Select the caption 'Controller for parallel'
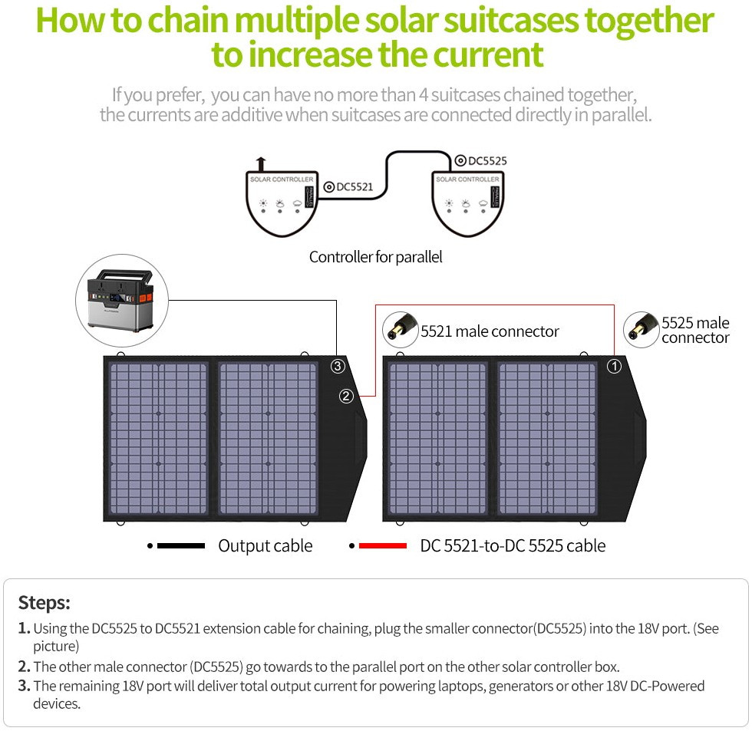coord(375,257)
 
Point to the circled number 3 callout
coord(338,366)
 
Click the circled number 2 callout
coord(347,396)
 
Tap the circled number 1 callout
coord(614,366)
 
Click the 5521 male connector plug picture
coord(400,329)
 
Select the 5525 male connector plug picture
coord(642,328)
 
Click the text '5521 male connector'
coord(490,331)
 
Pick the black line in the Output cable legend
coord(180,546)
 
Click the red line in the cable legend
coord(382,546)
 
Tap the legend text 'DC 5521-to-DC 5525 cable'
coord(513,546)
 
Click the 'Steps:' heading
coord(44,602)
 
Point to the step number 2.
coord(24,667)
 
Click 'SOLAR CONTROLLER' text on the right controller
coord(467,179)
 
